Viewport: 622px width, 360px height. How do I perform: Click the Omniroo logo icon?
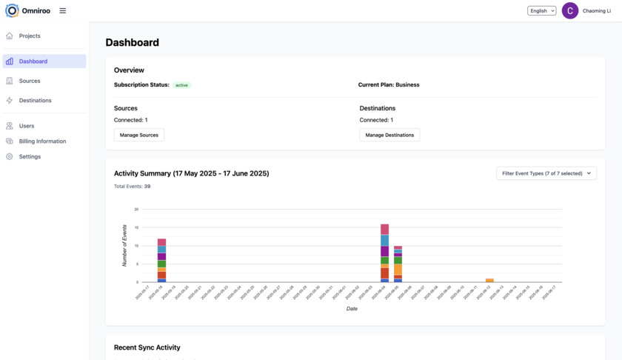(12, 10)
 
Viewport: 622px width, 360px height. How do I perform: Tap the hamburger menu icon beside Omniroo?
(63, 11)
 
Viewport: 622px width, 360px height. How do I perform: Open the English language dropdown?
(541, 11)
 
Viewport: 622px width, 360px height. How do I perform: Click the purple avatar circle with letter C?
(570, 11)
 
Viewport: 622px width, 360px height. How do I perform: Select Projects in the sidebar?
(30, 36)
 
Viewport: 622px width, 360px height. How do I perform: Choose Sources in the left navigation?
(30, 81)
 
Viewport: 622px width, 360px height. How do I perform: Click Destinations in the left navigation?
(35, 100)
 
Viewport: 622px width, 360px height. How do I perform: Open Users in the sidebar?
(27, 126)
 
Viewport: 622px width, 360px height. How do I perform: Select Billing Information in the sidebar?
(42, 141)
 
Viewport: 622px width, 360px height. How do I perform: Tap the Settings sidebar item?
(30, 156)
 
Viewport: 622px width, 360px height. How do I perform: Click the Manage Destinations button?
(389, 135)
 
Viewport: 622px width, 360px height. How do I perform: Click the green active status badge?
(181, 85)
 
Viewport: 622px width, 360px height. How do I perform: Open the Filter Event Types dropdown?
(546, 173)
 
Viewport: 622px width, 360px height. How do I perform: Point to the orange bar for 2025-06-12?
(489, 280)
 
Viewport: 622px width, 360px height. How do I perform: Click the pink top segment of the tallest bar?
(384, 229)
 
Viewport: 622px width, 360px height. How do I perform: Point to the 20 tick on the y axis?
(136, 210)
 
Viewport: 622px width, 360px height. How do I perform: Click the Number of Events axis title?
(124, 246)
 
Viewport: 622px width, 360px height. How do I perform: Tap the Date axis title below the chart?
(352, 308)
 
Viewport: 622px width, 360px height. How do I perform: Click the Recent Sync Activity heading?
(147, 347)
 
